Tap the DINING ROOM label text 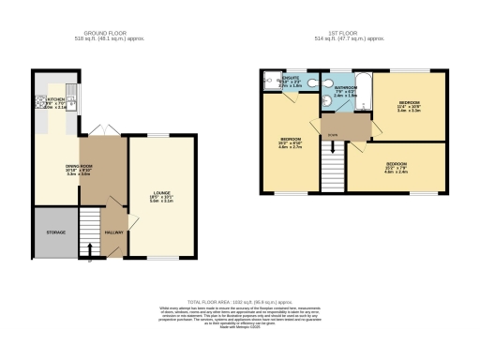(x=51, y=168)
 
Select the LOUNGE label (x=161, y=196)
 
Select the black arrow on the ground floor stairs (x=89, y=249)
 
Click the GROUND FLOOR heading (x=103, y=36)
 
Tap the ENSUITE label (x=291, y=79)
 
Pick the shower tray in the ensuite (x=271, y=81)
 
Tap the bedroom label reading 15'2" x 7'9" (x=395, y=168)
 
